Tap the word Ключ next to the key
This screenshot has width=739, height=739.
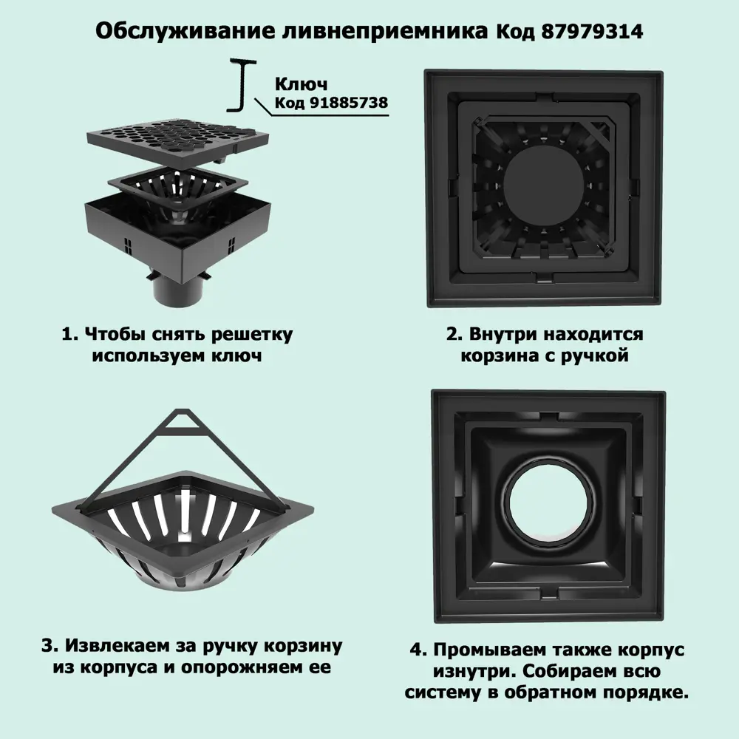(301, 84)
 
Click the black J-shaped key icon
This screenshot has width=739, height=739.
(242, 85)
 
